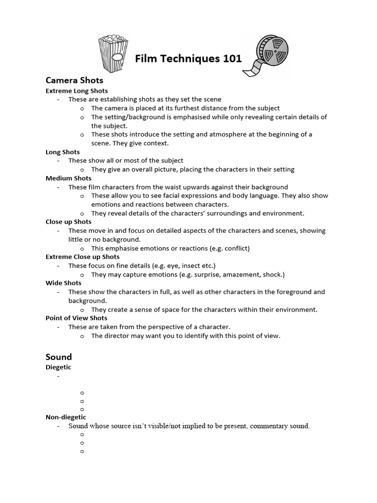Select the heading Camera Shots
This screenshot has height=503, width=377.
pos(74,80)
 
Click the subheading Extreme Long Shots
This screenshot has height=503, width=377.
pos(77,91)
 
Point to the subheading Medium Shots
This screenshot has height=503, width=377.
pos(69,178)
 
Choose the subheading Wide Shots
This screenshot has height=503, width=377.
pos(64,283)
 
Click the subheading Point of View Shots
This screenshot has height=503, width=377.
pos(76,318)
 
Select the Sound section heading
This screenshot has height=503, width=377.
pos(59,357)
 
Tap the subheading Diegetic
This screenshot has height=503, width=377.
pos(58,367)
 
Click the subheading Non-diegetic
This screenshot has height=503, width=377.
pos(66,417)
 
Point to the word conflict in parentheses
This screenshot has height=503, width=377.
pos(236,249)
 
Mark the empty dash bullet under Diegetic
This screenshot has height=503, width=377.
pos(58,377)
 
